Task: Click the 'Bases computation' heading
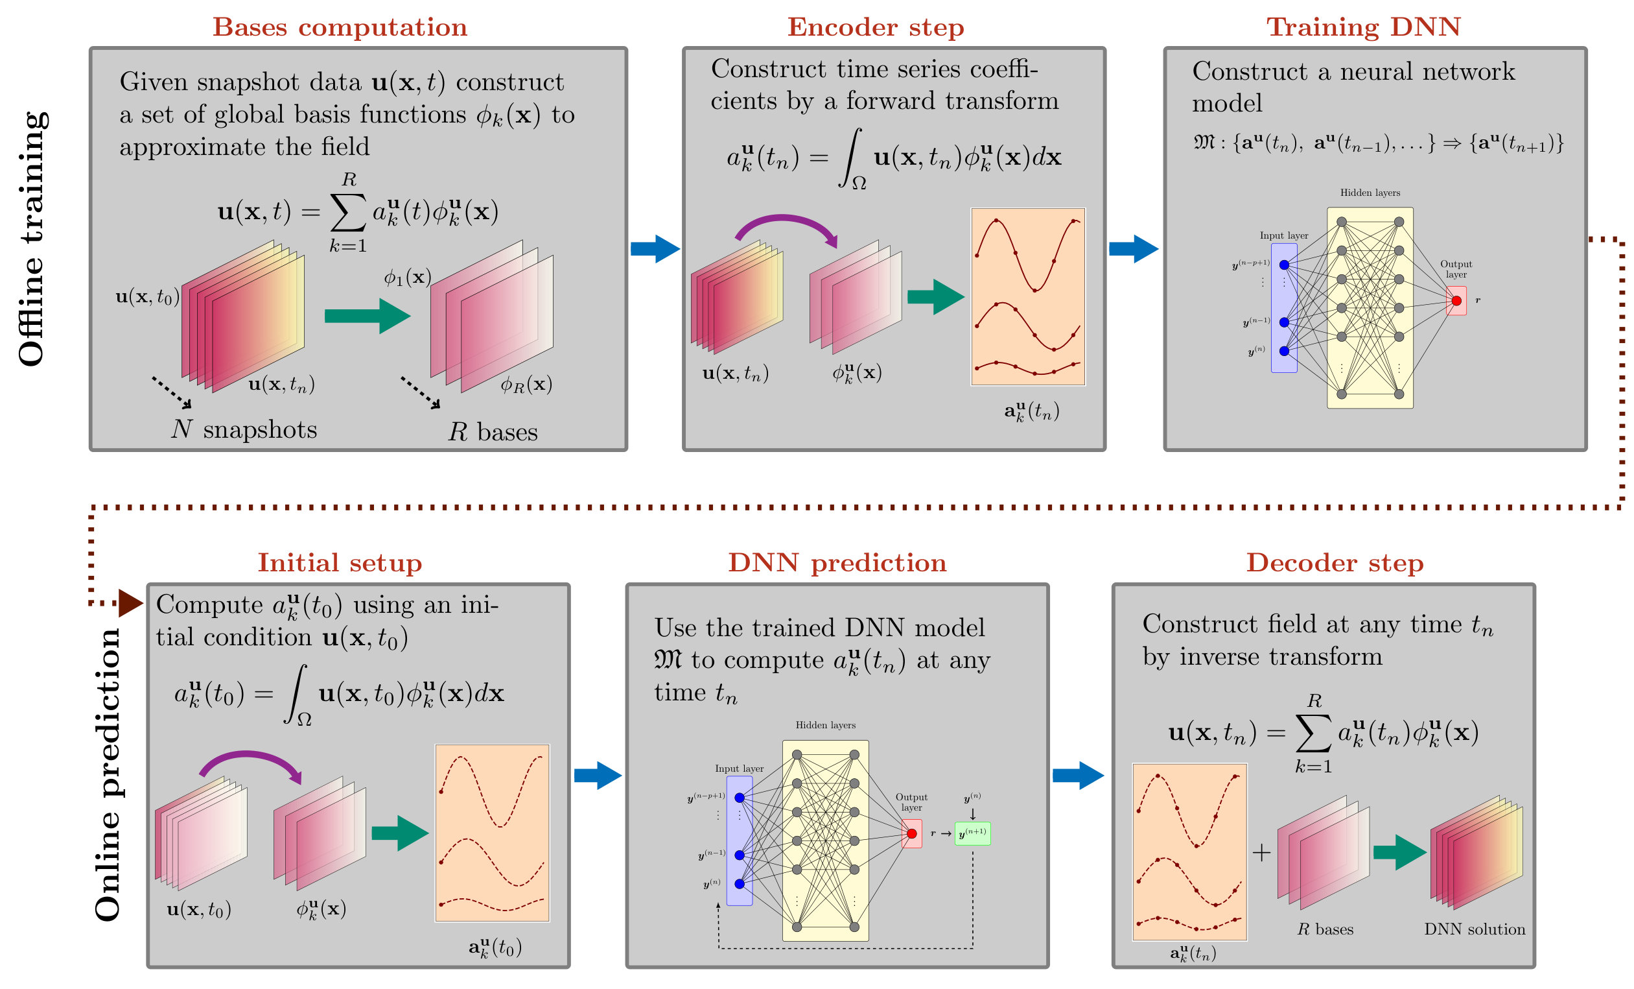click(x=340, y=27)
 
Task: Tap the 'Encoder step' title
click(x=876, y=27)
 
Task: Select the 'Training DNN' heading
click(x=1364, y=27)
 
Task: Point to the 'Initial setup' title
click(x=340, y=562)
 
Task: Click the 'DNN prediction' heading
click(x=837, y=562)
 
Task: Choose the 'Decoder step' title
click(x=1335, y=562)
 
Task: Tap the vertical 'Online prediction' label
click(x=108, y=775)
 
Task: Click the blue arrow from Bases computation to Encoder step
click(x=655, y=249)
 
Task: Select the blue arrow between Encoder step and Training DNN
click(x=1134, y=249)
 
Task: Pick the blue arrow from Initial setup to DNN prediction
click(x=598, y=776)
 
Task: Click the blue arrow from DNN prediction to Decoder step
click(x=1079, y=776)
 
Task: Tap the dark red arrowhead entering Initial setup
click(x=131, y=603)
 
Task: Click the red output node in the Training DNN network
click(x=1456, y=301)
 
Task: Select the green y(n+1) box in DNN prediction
click(x=972, y=833)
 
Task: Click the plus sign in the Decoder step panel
click(x=1261, y=852)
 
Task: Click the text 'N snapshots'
click(x=244, y=430)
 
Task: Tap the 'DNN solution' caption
click(x=1475, y=929)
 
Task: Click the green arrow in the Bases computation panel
click(x=368, y=316)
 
